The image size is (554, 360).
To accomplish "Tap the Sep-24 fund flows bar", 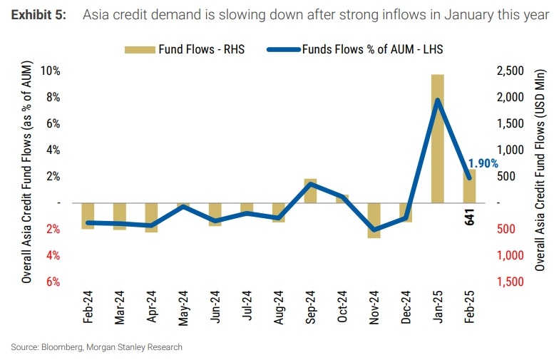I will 310,190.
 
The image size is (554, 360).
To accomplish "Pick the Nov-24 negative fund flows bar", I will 374,220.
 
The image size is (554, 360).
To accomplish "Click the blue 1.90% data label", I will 483,163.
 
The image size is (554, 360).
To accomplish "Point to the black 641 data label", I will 469,217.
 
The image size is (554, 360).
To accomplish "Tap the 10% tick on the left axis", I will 51,71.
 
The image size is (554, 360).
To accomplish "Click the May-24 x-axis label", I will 184,307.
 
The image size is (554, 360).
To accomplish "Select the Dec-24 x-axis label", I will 406,307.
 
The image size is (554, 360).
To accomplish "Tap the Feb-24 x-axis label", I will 88,307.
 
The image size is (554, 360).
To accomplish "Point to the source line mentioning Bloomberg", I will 97,347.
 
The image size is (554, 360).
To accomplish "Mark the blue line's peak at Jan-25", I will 437,101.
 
